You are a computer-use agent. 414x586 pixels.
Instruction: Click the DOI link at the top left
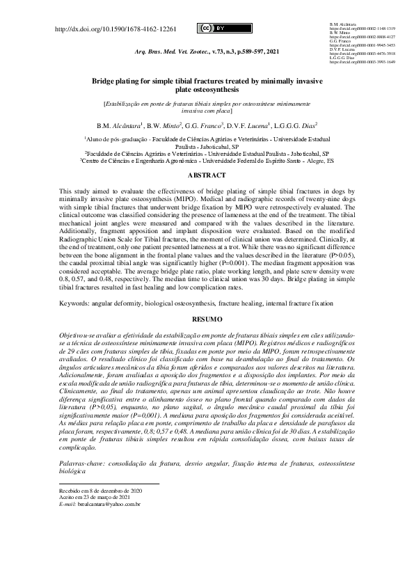coord(116,30)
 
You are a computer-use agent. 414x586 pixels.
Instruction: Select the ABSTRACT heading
coord(207,176)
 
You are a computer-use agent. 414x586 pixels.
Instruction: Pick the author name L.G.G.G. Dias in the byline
coord(296,125)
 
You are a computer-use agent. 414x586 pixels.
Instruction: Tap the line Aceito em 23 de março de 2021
coord(95,497)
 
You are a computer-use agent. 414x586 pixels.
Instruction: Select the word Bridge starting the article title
coord(104,81)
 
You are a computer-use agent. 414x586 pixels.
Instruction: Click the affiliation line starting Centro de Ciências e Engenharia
coord(207,160)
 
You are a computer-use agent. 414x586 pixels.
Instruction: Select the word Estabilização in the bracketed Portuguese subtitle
coord(125,103)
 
